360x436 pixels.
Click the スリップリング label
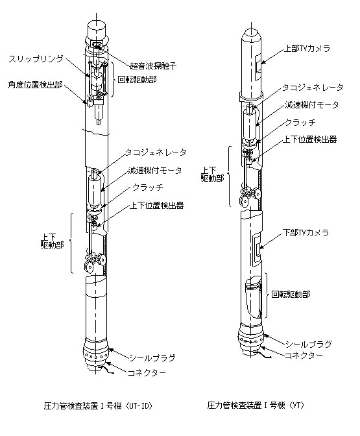(x=36, y=59)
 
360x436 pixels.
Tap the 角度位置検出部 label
(x=35, y=84)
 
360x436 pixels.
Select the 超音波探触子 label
(x=153, y=66)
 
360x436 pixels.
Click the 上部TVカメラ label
(x=307, y=49)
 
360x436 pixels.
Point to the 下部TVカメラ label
(x=306, y=232)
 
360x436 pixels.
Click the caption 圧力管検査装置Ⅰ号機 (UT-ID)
(x=98, y=406)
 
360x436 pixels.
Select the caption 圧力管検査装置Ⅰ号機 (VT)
(x=256, y=405)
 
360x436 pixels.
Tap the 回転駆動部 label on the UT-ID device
(x=137, y=80)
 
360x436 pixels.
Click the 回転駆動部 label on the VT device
(x=291, y=294)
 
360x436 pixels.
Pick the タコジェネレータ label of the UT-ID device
(x=156, y=152)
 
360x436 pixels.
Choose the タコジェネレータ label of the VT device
(x=313, y=88)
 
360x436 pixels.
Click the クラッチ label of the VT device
(x=300, y=122)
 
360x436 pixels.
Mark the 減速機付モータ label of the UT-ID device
(x=155, y=170)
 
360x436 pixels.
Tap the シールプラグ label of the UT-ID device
(x=152, y=357)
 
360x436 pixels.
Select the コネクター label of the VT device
(x=304, y=355)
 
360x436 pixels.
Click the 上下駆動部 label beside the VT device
(x=212, y=174)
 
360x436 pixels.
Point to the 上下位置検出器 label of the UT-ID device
(x=157, y=206)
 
